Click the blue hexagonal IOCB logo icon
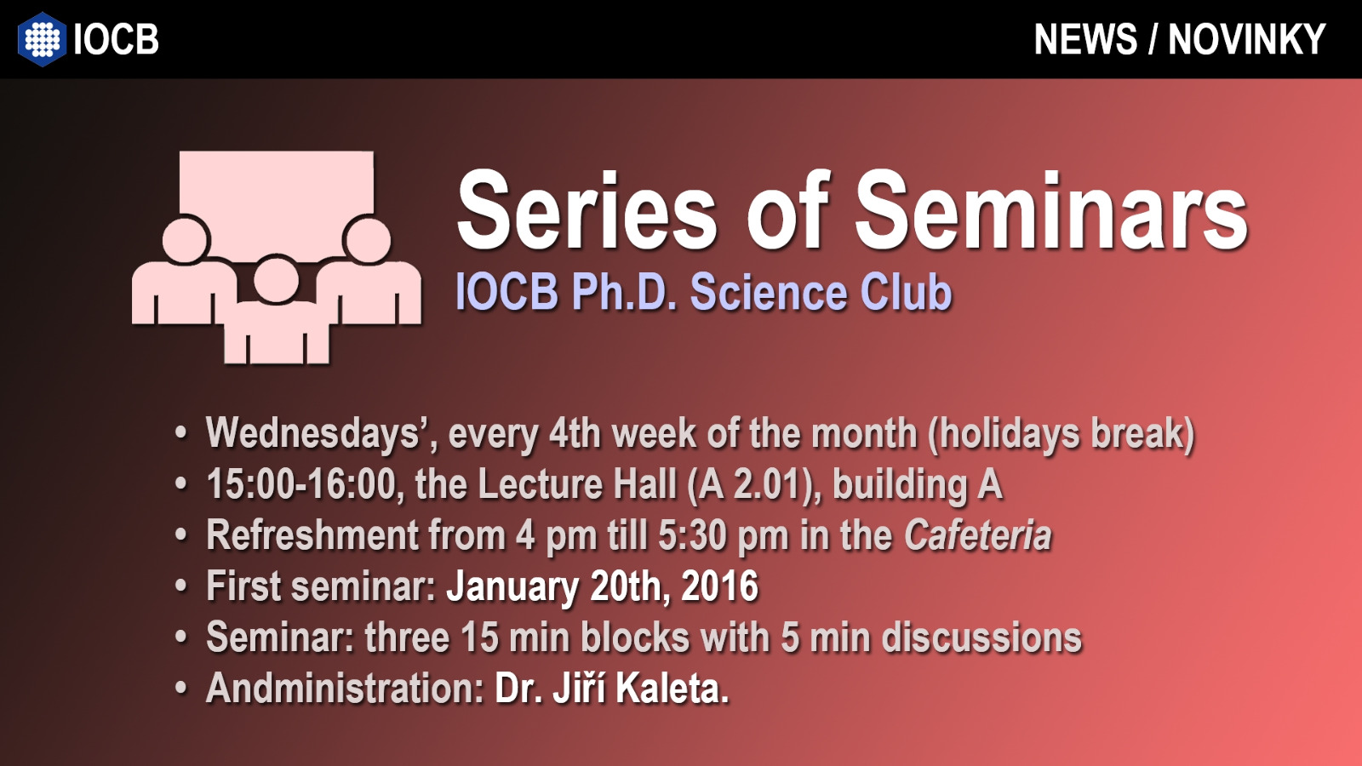(x=42, y=39)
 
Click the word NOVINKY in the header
(x=1246, y=39)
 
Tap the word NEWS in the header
(x=1085, y=39)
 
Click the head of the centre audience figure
(x=276, y=280)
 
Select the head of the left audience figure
(x=186, y=239)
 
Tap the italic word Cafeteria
(x=978, y=535)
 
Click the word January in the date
(x=512, y=586)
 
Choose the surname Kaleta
(x=672, y=689)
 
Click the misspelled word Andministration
(x=345, y=689)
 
